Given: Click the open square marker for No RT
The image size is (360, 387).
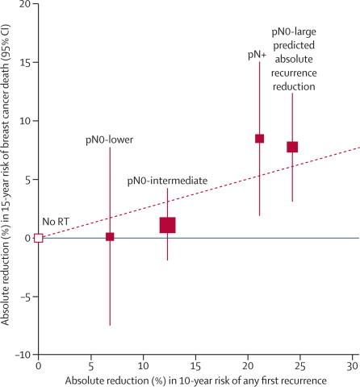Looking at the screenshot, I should click(38, 238).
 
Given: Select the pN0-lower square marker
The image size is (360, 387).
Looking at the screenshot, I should click(110, 237).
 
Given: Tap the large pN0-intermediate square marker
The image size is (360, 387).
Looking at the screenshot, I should click(167, 225).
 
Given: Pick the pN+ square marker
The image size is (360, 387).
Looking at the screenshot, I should click(259, 139).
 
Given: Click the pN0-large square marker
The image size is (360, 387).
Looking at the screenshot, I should click(292, 147).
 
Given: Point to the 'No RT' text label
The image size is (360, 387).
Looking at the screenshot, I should click(54, 219).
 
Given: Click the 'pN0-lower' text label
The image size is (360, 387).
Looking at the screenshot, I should click(110, 139).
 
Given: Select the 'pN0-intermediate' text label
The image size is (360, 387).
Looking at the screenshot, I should click(168, 181).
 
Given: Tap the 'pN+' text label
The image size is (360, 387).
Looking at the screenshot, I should click(258, 55).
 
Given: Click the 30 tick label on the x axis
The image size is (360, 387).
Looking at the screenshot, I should click(353, 364).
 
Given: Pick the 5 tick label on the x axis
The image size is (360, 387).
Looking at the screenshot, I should click(90, 364).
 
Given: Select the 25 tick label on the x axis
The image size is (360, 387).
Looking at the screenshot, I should click(300, 364).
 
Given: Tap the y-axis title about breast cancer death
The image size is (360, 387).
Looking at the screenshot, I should click(7, 177).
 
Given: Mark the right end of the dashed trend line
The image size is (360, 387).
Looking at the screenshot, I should click(358, 148).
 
